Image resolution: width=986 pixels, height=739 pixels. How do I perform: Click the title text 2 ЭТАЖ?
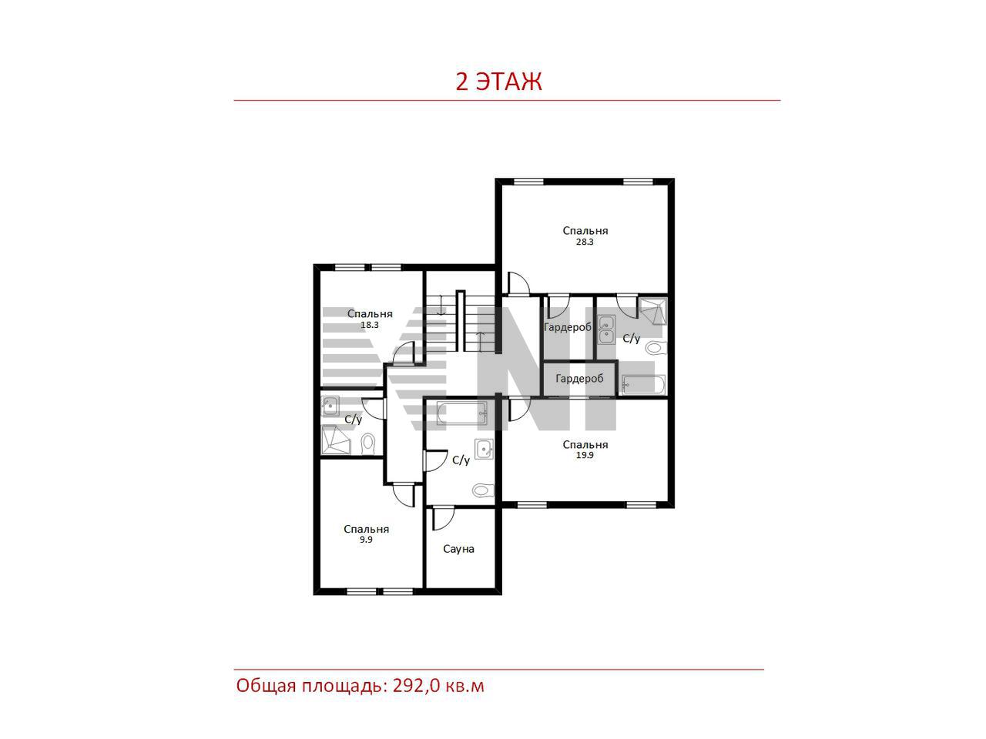(x=498, y=82)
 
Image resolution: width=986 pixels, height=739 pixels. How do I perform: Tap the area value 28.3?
(x=585, y=242)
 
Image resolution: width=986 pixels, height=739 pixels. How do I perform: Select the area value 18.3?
(x=369, y=325)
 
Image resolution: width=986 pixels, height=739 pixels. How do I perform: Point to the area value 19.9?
(x=585, y=455)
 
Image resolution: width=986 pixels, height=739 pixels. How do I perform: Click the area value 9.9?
(x=366, y=540)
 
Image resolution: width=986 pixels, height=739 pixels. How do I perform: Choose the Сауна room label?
(x=458, y=549)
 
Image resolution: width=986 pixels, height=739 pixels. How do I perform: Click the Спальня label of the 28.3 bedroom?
(x=585, y=231)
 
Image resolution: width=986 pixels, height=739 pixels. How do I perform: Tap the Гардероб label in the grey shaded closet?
(x=579, y=379)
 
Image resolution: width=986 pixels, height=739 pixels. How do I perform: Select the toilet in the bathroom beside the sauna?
(x=483, y=490)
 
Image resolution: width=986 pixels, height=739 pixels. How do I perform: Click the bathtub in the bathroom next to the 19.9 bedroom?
(x=461, y=413)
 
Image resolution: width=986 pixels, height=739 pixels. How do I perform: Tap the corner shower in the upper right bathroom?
(x=652, y=311)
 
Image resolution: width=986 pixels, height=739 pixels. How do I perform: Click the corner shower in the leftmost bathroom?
(x=335, y=440)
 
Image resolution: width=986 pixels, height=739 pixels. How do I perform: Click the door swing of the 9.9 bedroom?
(x=404, y=495)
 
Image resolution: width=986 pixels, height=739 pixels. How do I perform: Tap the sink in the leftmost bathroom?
(x=330, y=406)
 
